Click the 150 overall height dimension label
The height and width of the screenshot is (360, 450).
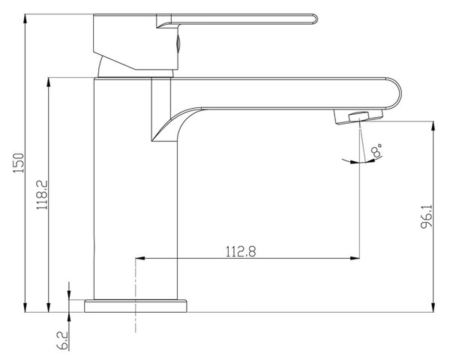click(x=19, y=163)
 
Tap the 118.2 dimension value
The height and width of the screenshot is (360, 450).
click(x=42, y=195)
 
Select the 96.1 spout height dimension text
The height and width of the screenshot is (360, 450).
click(x=427, y=217)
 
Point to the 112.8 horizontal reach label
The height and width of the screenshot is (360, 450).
click(x=241, y=251)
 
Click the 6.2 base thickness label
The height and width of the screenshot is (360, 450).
click(x=62, y=340)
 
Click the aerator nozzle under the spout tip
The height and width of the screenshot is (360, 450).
click(x=358, y=117)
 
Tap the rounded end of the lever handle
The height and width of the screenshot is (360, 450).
click(x=315, y=19)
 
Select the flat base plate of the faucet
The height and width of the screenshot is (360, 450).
click(x=136, y=306)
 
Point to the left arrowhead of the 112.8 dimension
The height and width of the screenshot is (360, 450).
click(x=140, y=258)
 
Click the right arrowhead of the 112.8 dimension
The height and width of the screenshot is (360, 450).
click(x=355, y=258)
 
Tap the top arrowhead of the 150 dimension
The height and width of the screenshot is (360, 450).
click(x=25, y=19)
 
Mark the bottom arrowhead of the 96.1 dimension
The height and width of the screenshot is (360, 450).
click(x=433, y=307)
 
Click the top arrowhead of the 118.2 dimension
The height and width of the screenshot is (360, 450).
click(x=49, y=82)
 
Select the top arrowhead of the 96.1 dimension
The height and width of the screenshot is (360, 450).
click(x=433, y=126)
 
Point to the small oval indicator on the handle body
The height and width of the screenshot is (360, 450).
click(x=178, y=43)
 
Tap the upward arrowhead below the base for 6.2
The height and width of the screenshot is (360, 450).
click(x=69, y=317)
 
